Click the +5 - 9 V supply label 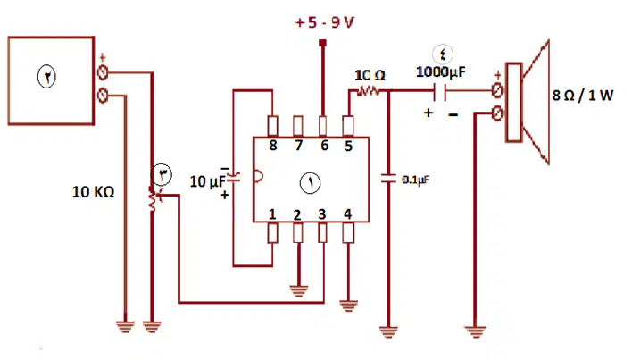coord(325,22)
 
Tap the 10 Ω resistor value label coord(370,75)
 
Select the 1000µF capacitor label coord(441,71)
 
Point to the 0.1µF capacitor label coord(416,180)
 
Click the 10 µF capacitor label coord(208,181)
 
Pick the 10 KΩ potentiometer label coord(93,192)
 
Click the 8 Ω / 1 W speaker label coord(583,96)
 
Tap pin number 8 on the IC coord(273,145)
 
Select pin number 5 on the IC coord(349,146)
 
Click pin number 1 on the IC coord(272,214)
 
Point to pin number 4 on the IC coord(348,214)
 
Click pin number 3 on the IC coord(321,214)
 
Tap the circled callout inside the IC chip coord(310,183)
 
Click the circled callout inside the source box coord(46,77)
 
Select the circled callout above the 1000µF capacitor coord(443,54)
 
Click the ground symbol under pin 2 coord(299,290)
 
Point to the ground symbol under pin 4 coord(349,306)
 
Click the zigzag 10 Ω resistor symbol coord(368,91)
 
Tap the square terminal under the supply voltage coord(322,43)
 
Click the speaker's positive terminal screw coord(497,90)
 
